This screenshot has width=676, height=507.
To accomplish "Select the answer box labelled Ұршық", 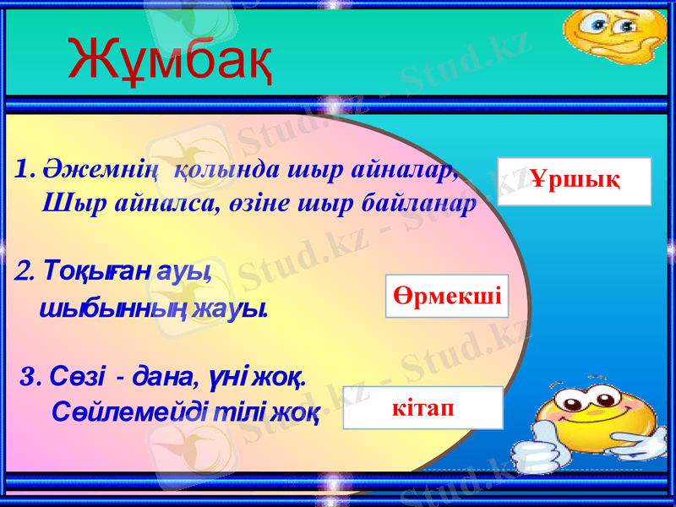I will coord(575,181).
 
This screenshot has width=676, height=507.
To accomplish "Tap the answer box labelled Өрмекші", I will coord(447,296).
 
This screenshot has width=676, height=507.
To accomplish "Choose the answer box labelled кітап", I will coord(422,408).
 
